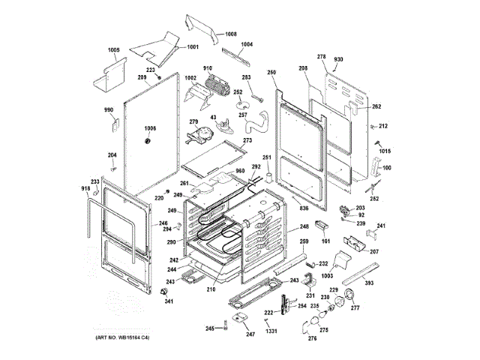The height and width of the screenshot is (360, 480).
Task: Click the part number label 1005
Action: pyautogui.click(x=113, y=50)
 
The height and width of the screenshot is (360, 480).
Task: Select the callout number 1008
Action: pyautogui.click(x=230, y=34)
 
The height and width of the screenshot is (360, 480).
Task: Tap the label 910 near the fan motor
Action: pyautogui.click(x=207, y=69)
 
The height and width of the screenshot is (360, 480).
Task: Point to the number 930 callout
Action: pyautogui.click(x=338, y=58)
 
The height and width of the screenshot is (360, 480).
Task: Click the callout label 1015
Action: pyautogui.click(x=385, y=151)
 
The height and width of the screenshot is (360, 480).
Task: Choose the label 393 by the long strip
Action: pyautogui.click(x=369, y=284)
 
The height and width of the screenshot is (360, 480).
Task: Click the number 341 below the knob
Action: pyautogui.click(x=168, y=301)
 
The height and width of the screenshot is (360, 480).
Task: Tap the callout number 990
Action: pyautogui.click(x=108, y=110)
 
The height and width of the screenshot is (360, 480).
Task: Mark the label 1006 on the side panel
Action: pyautogui.click(x=150, y=127)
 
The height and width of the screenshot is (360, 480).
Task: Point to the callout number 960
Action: pyautogui.click(x=240, y=171)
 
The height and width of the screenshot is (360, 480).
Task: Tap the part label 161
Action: pyautogui.click(x=325, y=241)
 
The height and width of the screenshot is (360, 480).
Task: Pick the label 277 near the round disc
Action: pyautogui.click(x=355, y=307)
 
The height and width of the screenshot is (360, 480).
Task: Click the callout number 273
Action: pyautogui.click(x=247, y=140)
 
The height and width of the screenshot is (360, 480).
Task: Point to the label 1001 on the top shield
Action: pyautogui.click(x=192, y=47)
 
